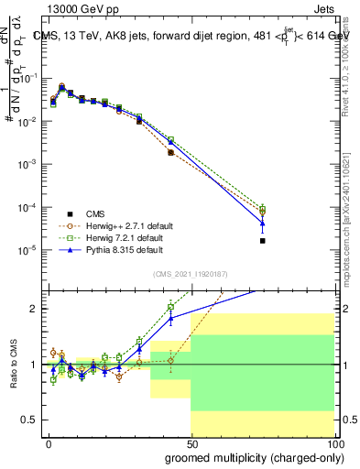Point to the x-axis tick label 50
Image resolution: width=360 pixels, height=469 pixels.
pyautogui.click(x=191, y=442)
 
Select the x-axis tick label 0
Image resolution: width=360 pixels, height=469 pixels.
pyautogui.click(x=49, y=442)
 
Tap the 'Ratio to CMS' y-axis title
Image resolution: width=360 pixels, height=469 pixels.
pyautogui.click(x=12, y=365)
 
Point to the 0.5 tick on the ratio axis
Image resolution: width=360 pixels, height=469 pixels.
pyautogui.click(x=29, y=420)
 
